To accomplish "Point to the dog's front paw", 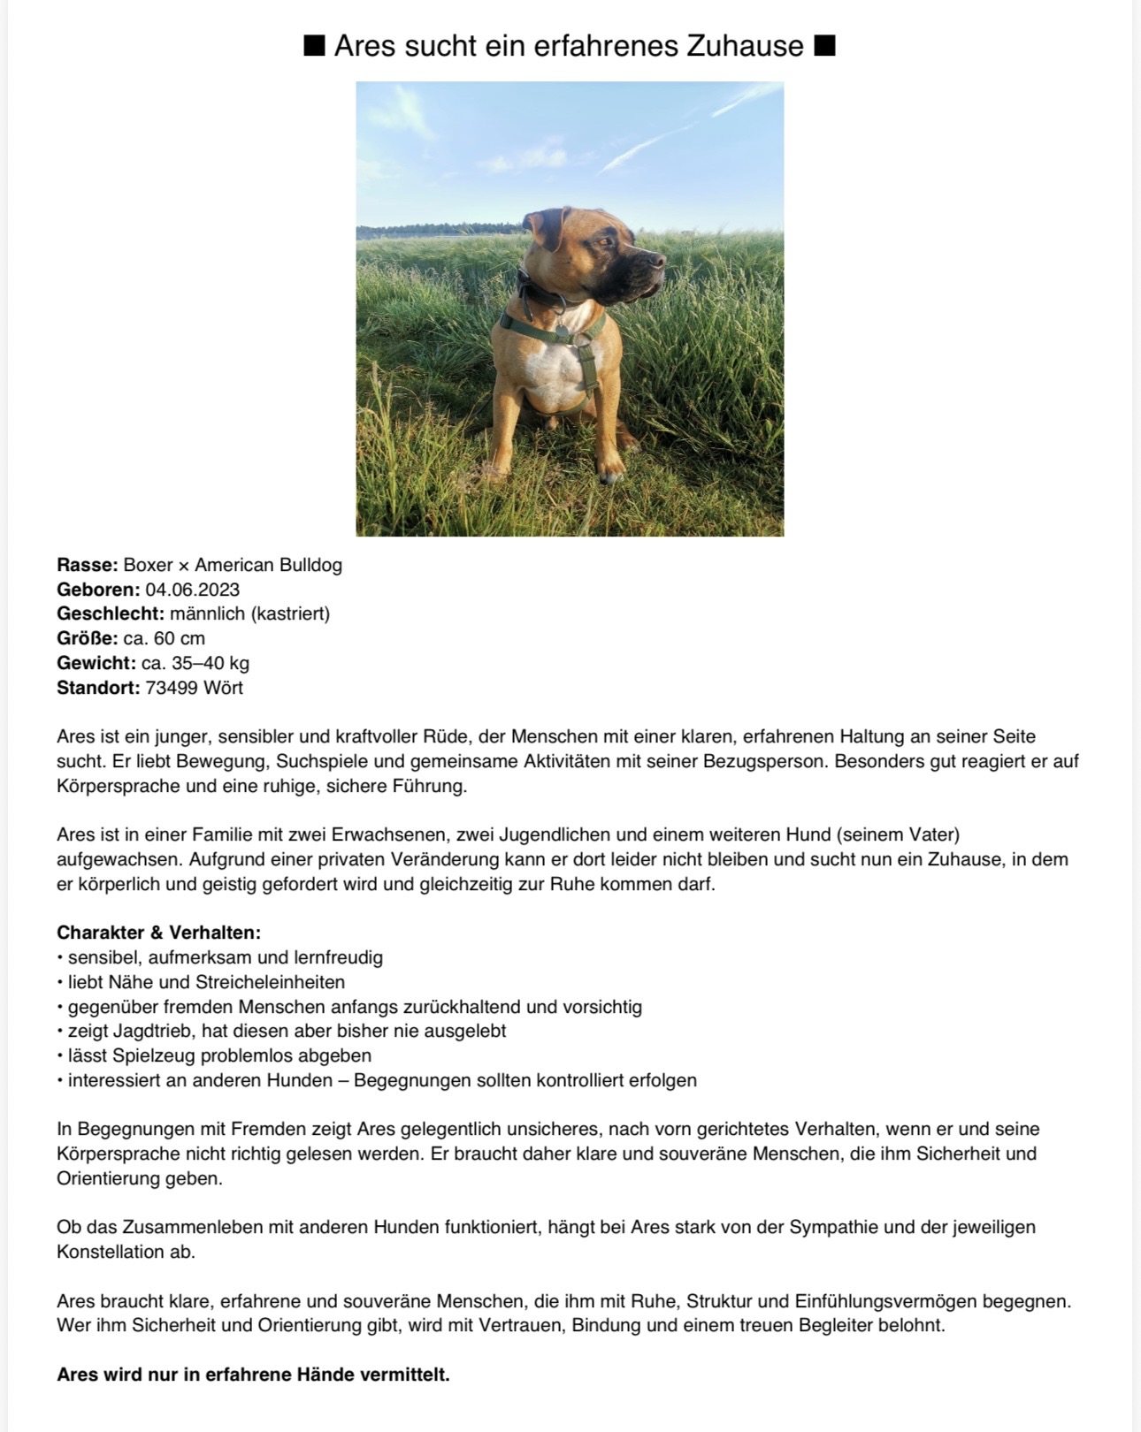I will click(610, 472).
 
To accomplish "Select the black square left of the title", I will click(314, 45).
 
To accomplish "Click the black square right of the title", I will click(824, 45).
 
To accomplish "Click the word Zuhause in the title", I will click(745, 45).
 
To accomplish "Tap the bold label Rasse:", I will click(87, 565).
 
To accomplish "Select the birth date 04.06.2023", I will click(193, 590).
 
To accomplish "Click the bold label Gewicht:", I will click(96, 663).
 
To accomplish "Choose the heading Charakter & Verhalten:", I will click(158, 933).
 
